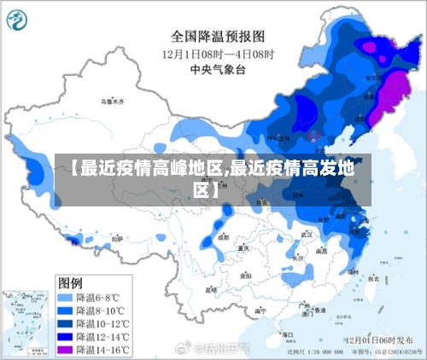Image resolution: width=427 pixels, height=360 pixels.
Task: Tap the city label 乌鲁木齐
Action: click(x=111, y=102)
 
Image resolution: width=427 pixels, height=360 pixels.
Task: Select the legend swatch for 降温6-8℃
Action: click(x=65, y=298)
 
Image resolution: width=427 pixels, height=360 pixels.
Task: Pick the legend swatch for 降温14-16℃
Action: click(x=65, y=349)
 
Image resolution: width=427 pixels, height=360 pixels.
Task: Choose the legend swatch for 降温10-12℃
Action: click(x=65, y=323)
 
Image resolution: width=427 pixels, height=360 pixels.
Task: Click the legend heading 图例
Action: click(x=70, y=282)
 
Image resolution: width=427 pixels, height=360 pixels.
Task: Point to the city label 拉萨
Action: click(x=116, y=240)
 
